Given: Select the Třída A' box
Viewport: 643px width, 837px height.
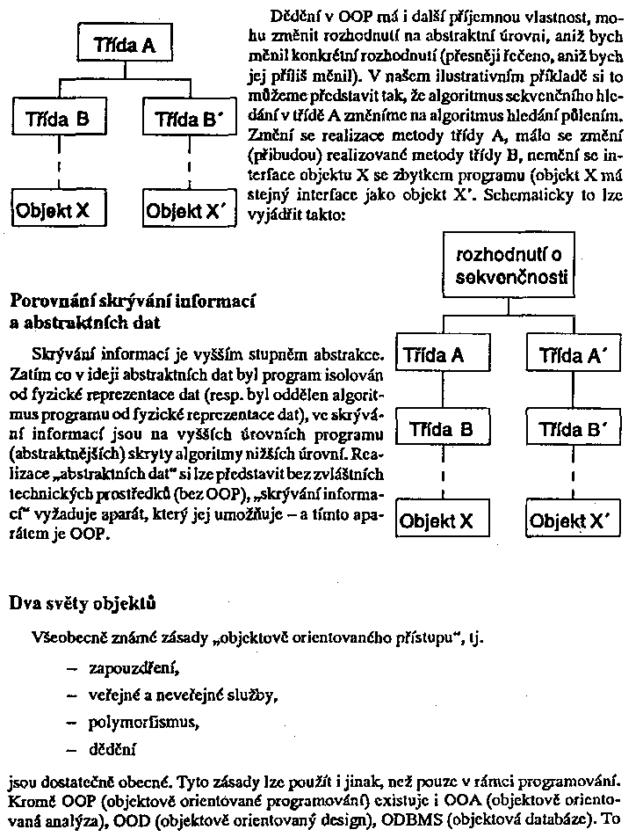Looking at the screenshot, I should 573,356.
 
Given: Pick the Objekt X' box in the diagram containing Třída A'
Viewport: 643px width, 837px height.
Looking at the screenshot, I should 573,520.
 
